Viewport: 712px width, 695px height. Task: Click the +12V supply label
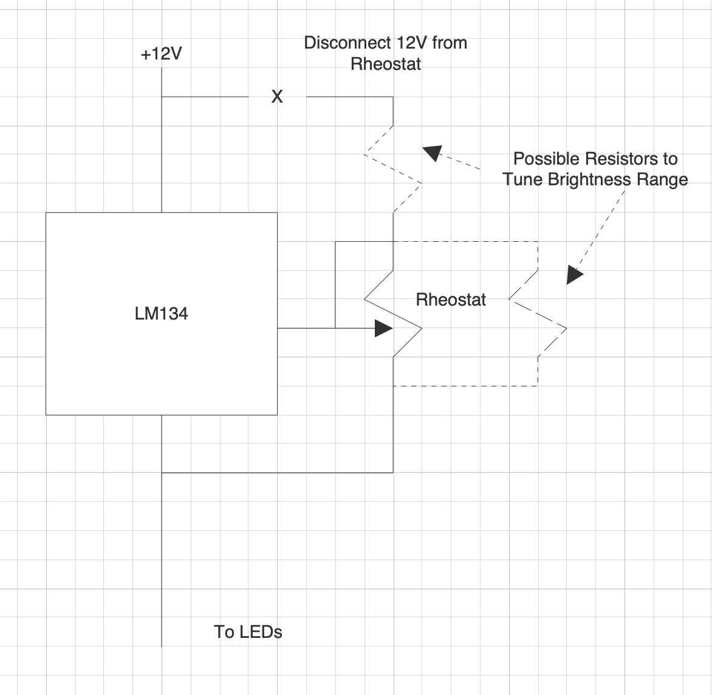click(161, 54)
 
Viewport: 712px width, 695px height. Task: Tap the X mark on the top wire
click(277, 97)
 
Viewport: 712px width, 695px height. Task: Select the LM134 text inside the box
click(161, 313)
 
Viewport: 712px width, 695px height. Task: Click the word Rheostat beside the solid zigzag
click(451, 300)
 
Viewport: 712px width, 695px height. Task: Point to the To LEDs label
click(248, 632)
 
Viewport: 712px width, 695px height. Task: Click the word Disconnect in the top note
click(344, 43)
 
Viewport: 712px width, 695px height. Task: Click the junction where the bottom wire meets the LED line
click(162, 472)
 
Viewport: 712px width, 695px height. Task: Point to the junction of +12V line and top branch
click(162, 97)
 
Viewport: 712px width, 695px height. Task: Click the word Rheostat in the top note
click(386, 64)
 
